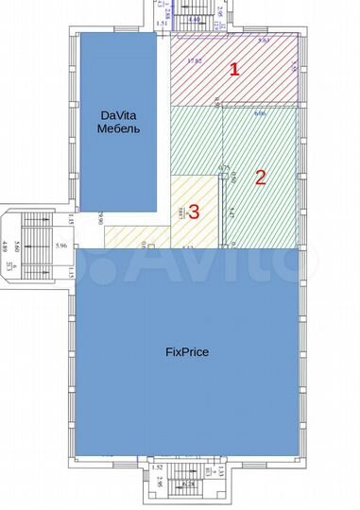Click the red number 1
click(236, 68)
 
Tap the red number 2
click(262, 176)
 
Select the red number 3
click(194, 212)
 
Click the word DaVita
click(120, 116)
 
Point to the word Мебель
click(120, 128)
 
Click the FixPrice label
click(186, 351)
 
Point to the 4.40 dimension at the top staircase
click(195, 19)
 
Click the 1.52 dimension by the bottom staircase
click(159, 467)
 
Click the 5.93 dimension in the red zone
click(266, 42)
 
